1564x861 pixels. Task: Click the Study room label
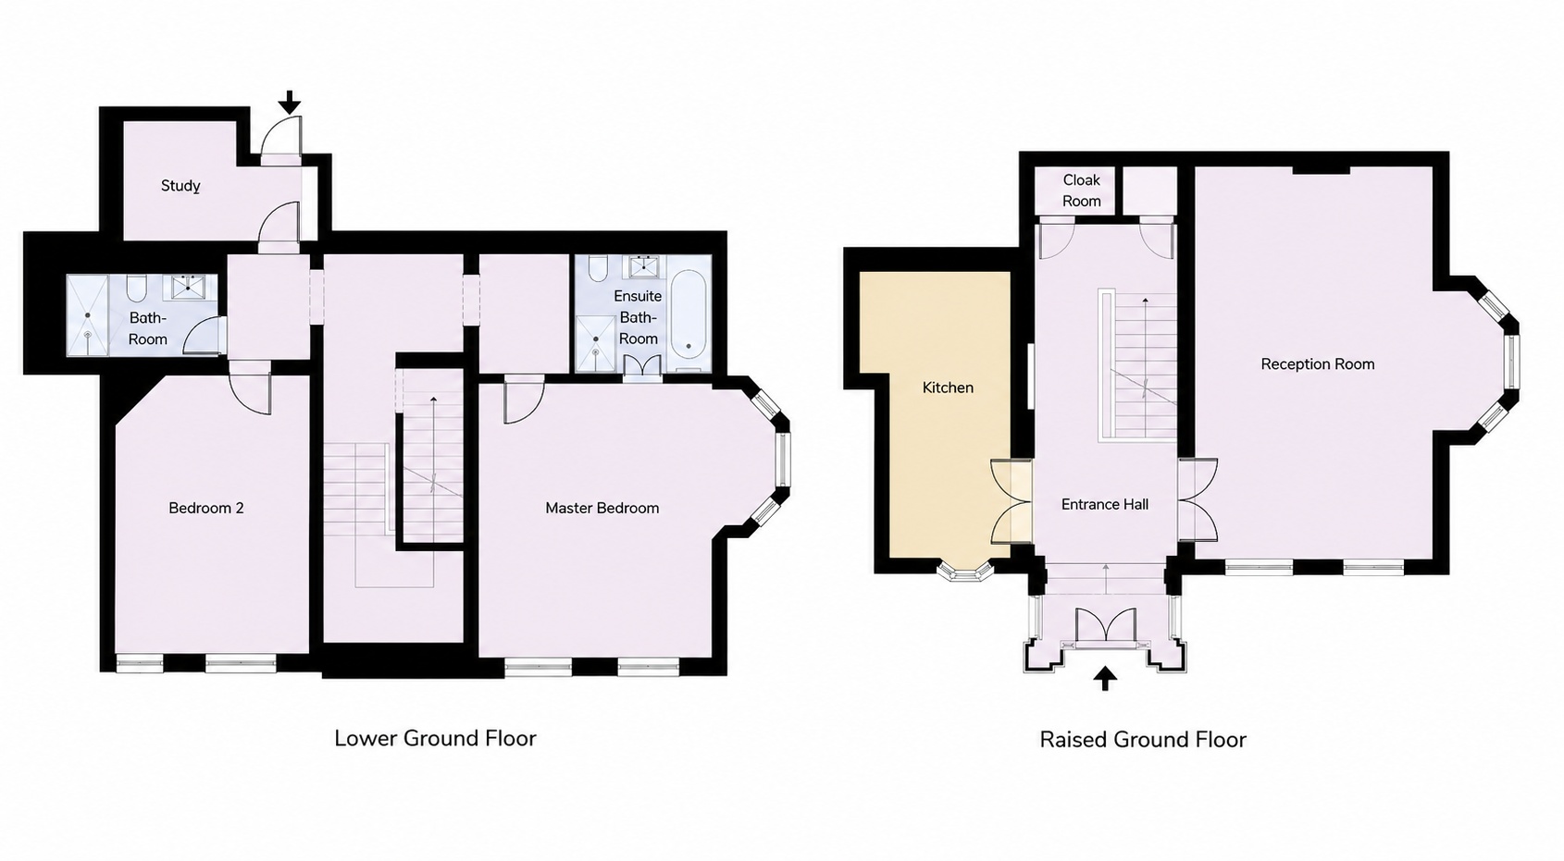180,186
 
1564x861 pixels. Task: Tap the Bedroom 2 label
206,508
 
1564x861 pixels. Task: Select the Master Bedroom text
602,508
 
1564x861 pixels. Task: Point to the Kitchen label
948,387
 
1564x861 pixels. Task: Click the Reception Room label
1318,364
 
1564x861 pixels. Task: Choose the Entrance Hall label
1105,504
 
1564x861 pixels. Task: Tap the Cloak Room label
1082,191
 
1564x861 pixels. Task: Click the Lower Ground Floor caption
435,738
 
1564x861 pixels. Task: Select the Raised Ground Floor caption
1142,740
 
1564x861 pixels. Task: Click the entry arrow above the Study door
289,102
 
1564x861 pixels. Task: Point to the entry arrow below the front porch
1105,678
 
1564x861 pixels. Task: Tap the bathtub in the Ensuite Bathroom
689,315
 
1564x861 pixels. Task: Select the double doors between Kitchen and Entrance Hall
1012,500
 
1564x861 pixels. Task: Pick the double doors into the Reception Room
1198,498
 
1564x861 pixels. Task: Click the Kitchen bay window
965,572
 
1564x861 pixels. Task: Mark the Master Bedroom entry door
525,400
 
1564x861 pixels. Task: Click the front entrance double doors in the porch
1106,627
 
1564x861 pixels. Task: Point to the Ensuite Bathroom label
638,317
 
